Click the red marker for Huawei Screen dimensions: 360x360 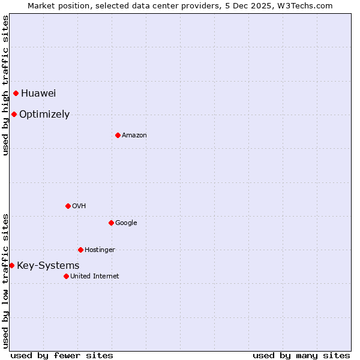(16, 93)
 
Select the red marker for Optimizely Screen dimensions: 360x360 (14, 114)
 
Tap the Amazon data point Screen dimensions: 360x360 (118, 135)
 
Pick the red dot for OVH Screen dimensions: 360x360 (68, 206)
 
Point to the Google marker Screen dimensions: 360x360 (111, 223)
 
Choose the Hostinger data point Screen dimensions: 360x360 (80, 250)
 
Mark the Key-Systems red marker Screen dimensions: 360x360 (11, 265)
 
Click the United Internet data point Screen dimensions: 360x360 (66, 276)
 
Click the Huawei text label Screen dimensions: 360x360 (38, 93)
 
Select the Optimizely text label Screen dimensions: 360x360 (44, 115)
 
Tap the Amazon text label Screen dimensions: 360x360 (134, 136)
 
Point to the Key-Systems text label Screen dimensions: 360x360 (48, 266)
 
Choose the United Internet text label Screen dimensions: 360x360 (95, 277)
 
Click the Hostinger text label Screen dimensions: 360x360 (100, 250)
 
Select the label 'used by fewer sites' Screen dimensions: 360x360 (62, 355)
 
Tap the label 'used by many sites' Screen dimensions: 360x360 (301, 355)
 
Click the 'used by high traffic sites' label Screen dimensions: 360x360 (5, 85)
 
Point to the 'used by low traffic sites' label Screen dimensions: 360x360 (5, 280)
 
